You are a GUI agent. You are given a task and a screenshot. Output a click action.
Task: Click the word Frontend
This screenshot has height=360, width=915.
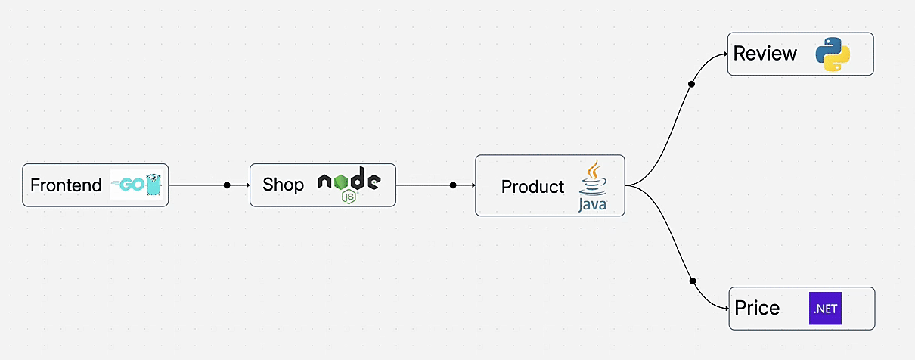click(x=66, y=185)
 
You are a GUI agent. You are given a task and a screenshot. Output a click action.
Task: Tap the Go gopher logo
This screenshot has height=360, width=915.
click(x=138, y=185)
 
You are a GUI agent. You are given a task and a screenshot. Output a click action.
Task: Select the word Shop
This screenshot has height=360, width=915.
click(x=283, y=185)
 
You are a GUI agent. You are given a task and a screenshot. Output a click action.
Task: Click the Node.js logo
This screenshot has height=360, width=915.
click(x=349, y=181)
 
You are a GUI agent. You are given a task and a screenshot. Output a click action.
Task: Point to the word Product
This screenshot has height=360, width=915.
click(x=532, y=187)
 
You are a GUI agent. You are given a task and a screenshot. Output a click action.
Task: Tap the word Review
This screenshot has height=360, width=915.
click(x=765, y=54)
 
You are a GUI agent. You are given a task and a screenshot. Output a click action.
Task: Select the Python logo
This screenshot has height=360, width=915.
click(x=833, y=54)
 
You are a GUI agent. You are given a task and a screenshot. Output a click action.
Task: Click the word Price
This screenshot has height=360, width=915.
click(x=757, y=309)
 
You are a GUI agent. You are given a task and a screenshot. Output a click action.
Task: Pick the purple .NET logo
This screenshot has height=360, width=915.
click(x=825, y=309)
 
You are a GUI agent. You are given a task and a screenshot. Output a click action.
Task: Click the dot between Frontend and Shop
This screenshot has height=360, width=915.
click(x=227, y=185)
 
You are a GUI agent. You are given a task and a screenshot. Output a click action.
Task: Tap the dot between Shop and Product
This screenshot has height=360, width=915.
click(x=453, y=185)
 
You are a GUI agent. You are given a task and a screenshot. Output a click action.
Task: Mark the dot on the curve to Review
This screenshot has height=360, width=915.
click(x=691, y=84)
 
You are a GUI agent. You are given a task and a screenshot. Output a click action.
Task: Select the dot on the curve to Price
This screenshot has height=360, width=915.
click(x=693, y=281)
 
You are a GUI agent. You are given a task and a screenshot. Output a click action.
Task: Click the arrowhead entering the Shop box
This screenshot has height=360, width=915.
click(x=247, y=185)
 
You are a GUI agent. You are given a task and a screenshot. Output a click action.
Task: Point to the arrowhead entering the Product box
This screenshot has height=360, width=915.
click(x=473, y=185)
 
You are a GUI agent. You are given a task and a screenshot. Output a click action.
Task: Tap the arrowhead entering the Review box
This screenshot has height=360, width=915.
click(x=725, y=54)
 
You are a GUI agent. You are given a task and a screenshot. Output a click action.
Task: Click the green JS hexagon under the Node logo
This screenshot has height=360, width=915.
click(x=349, y=197)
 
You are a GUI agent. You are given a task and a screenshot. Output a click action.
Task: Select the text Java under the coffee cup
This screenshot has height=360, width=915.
click(x=593, y=204)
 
